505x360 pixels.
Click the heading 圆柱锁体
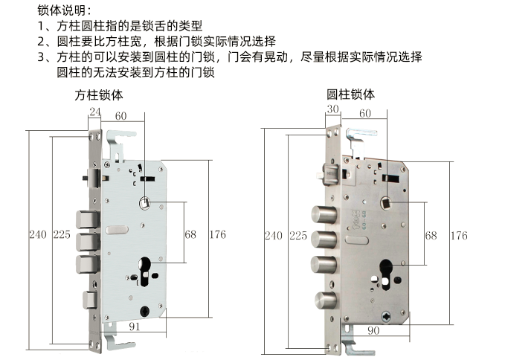[x=350, y=94]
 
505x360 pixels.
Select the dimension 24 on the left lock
[x=94, y=113]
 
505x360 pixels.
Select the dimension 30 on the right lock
[x=332, y=109]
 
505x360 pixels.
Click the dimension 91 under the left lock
[x=135, y=325]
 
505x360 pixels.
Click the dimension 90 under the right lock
[x=373, y=330]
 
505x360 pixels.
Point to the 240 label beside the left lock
[x=38, y=234]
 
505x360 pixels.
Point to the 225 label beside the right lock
[x=297, y=236]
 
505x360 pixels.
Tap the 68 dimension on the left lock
[x=190, y=234]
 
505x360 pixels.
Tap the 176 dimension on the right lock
[x=459, y=236]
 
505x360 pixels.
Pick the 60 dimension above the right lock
[x=365, y=113]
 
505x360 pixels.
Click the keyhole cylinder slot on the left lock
[x=143, y=269]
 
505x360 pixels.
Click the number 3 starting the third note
[x=40, y=57]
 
